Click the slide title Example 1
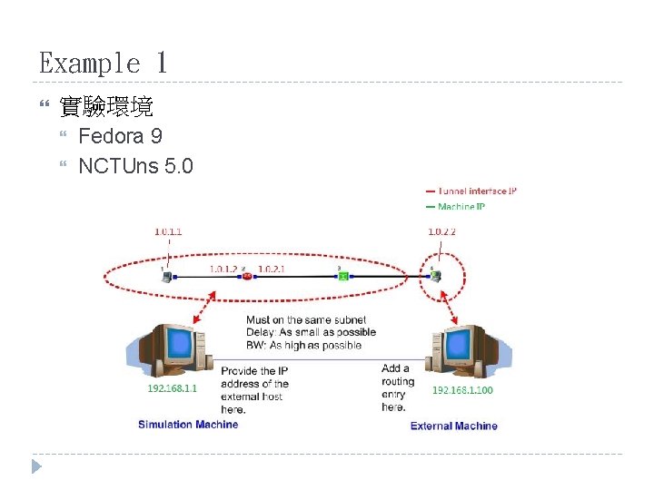tap(103, 64)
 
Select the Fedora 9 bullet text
tap(120, 137)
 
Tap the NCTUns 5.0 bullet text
tap(135, 166)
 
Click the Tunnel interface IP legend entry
tap(477, 191)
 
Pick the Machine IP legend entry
tap(461, 207)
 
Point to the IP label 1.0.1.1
tap(168, 231)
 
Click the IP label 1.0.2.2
tap(441, 231)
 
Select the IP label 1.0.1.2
tap(223, 269)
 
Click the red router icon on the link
tap(247, 276)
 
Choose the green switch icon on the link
tap(343, 276)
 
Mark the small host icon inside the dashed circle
tap(437, 275)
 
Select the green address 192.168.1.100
tap(462, 389)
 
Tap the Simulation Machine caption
tap(188, 424)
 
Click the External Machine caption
tap(454, 426)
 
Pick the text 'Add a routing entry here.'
tap(396, 388)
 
